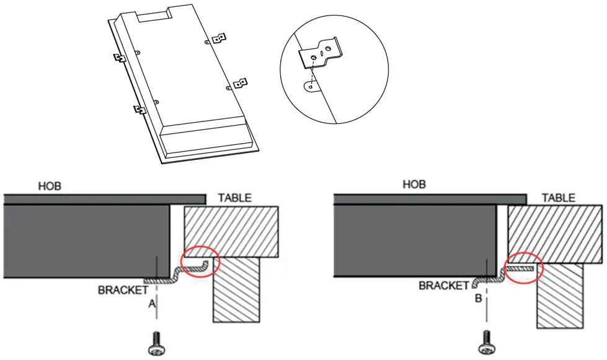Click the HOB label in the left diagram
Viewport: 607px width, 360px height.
click(50, 187)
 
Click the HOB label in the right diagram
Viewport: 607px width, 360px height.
click(414, 184)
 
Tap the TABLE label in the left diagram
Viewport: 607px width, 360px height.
click(234, 198)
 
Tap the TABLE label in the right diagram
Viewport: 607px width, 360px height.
click(559, 198)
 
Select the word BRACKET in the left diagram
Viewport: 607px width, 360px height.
click(123, 290)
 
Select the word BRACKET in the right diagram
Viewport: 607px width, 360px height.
click(444, 286)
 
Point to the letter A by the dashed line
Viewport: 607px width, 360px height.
click(152, 304)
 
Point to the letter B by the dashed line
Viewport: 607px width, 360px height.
click(479, 299)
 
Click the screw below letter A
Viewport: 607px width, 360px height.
click(157, 343)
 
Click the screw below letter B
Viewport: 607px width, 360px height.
click(487, 342)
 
